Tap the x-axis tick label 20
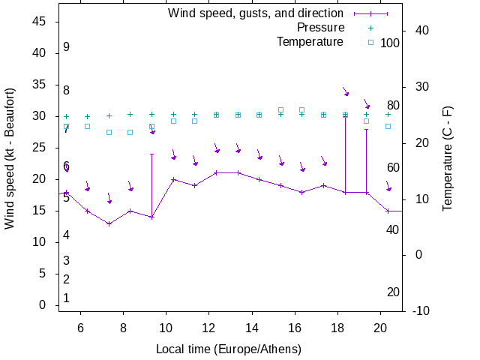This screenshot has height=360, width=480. tap(380, 327)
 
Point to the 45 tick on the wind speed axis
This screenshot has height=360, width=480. tap(40, 22)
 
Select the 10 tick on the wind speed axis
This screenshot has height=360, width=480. tap(40, 242)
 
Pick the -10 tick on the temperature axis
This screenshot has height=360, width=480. tap(421, 311)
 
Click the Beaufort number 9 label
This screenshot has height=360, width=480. tap(66, 47)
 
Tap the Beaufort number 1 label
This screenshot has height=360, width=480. tap(66, 298)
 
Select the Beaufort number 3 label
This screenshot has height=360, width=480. tap(66, 261)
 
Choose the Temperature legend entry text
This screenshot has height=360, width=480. tap(310, 41)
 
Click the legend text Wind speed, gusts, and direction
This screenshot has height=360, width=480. tap(255, 13)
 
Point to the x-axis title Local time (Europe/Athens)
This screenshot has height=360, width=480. tap(228, 349)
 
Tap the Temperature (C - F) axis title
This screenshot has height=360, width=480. tap(448, 158)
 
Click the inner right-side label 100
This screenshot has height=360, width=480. tap(390, 43)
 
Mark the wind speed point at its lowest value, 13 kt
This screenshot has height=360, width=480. tap(109, 223)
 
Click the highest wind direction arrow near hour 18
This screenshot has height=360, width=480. tap(346, 91)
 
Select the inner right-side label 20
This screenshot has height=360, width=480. tap(393, 292)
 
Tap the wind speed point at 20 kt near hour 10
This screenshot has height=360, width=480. tap(173, 179)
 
